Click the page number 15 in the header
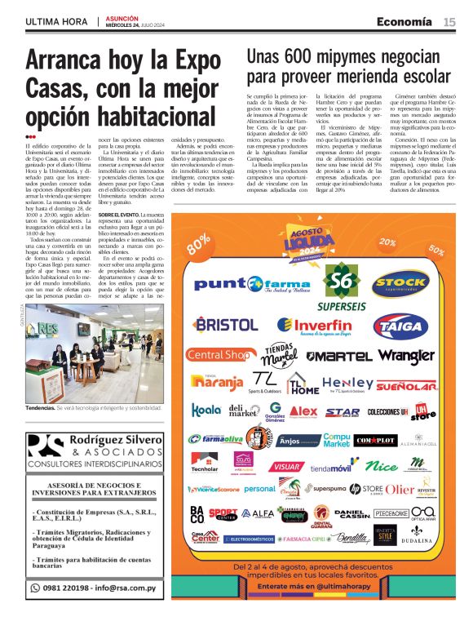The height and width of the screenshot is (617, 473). point(449,22)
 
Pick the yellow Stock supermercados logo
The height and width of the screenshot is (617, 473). point(400,282)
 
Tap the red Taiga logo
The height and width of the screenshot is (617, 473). point(400,326)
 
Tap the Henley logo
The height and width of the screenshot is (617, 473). point(347,383)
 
